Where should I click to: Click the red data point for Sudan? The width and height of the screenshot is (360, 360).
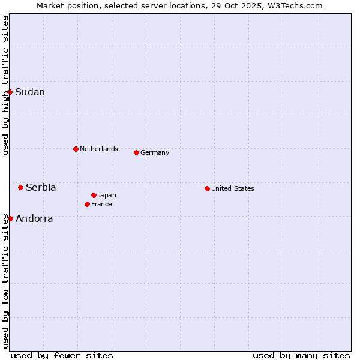[10, 92]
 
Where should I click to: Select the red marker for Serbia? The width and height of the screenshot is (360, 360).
[20, 187]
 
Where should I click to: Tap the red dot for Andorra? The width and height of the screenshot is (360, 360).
[10, 218]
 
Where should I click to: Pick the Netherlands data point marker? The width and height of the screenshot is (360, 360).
[76, 149]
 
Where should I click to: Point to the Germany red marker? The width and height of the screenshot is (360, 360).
[136, 152]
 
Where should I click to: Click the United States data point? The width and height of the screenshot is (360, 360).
[207, 188]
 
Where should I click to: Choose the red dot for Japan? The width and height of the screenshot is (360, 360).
[94, 195]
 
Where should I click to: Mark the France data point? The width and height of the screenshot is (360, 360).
[87, 204]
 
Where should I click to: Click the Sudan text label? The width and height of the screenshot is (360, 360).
[30, 92]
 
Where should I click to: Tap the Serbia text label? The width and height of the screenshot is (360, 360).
[41, 187]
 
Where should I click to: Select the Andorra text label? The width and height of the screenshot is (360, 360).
[34, 218]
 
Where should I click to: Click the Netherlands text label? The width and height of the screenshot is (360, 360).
[99, 149]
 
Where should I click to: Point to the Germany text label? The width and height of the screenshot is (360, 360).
[155, 152]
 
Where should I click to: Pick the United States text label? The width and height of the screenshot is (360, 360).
[233, 188]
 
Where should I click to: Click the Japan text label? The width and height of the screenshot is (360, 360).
[107, 195]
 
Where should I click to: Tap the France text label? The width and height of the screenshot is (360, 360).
[101, 204]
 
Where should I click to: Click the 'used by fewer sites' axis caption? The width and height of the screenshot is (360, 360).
[62, 355]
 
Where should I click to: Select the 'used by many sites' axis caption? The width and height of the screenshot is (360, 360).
[301, 355]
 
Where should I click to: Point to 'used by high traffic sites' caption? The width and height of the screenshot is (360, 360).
[5, 85]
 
